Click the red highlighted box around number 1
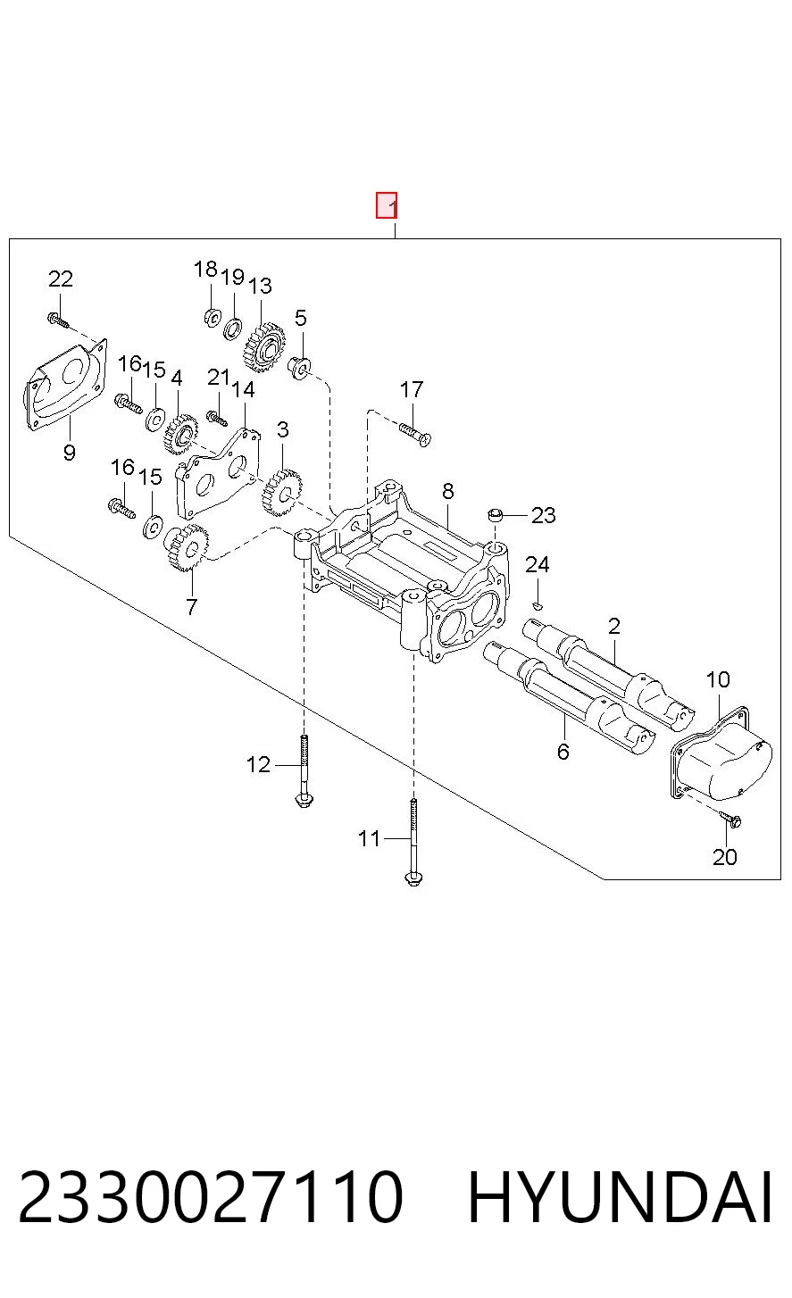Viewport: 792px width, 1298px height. [x=386, y=205]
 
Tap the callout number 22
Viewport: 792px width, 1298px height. [x=61, y=279]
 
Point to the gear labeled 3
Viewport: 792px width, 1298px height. [x=282, y=493]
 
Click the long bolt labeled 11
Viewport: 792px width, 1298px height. [x=413, y=842]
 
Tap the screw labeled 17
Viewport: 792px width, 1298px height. [x=415, y=435]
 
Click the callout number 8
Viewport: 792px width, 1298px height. [x=447, y=491]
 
